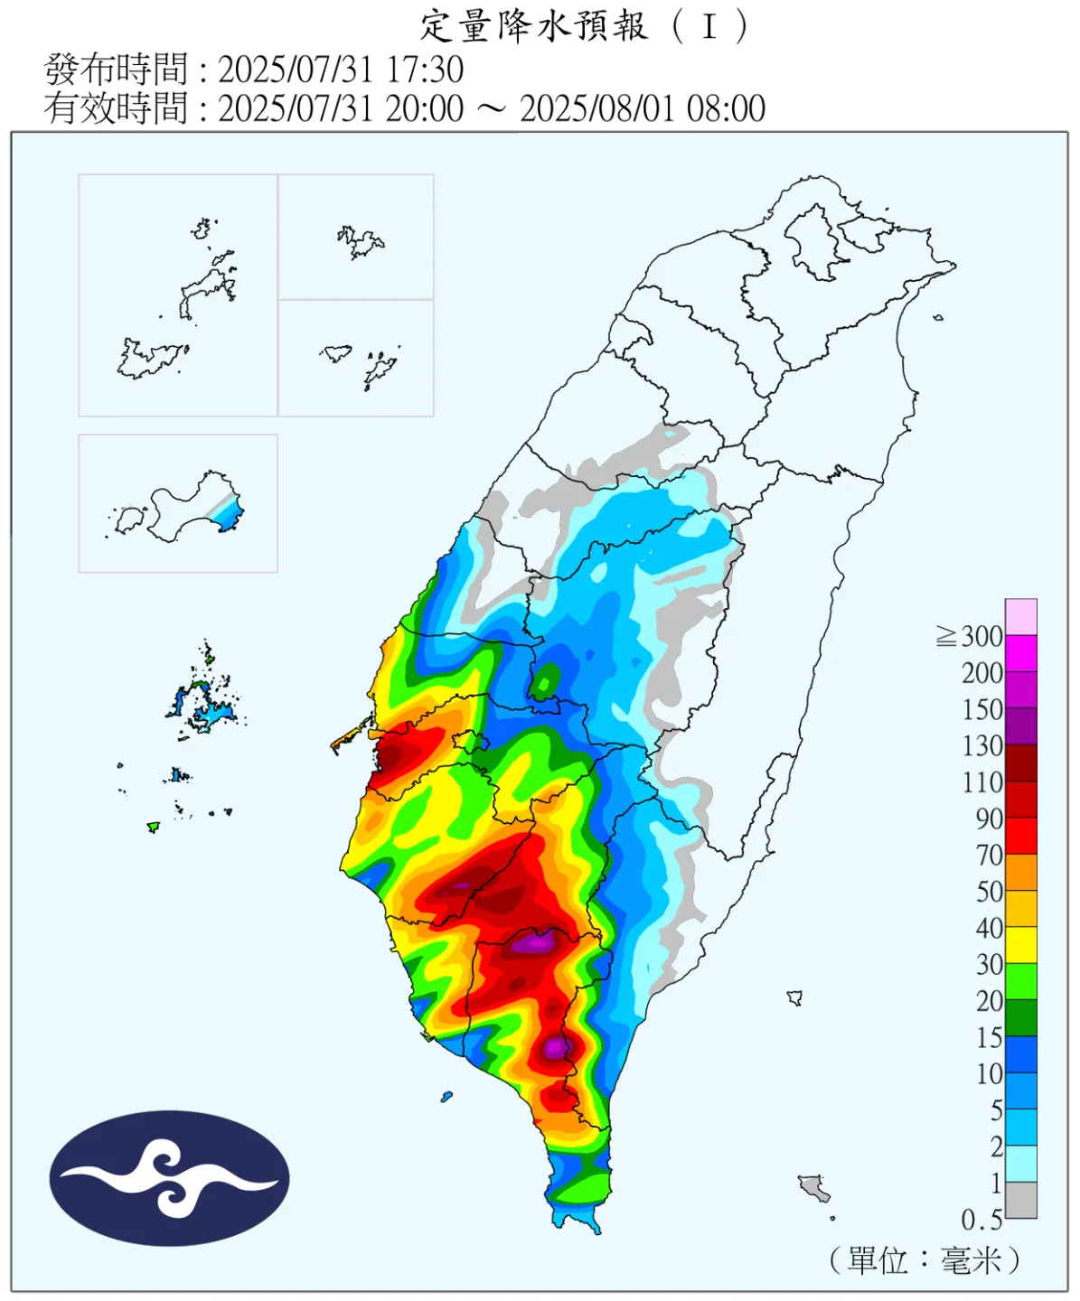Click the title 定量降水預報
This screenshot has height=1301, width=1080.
point(534,27)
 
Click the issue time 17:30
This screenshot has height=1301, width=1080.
point(426,70)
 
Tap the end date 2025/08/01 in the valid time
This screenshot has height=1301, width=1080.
point(597,108)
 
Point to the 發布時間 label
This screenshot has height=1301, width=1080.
point(116,70)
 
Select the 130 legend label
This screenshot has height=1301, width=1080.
point(982,746)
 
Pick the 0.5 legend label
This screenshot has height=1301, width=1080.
point(981,1220)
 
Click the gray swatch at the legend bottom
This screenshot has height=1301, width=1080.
point(1021,1201)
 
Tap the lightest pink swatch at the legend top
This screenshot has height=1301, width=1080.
point(1021,617)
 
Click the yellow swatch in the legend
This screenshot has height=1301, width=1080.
point(1021,945)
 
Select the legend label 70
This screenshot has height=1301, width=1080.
point(989,855)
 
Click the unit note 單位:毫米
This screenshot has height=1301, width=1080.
point(924,1259)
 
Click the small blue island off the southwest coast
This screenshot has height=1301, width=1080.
point(446,1097)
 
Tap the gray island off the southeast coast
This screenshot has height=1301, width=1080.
point(814,1186)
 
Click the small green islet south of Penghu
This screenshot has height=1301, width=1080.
point(154,826)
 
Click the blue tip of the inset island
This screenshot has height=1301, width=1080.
point(231,515)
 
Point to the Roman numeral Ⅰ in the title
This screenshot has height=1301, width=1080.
point(709,27)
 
